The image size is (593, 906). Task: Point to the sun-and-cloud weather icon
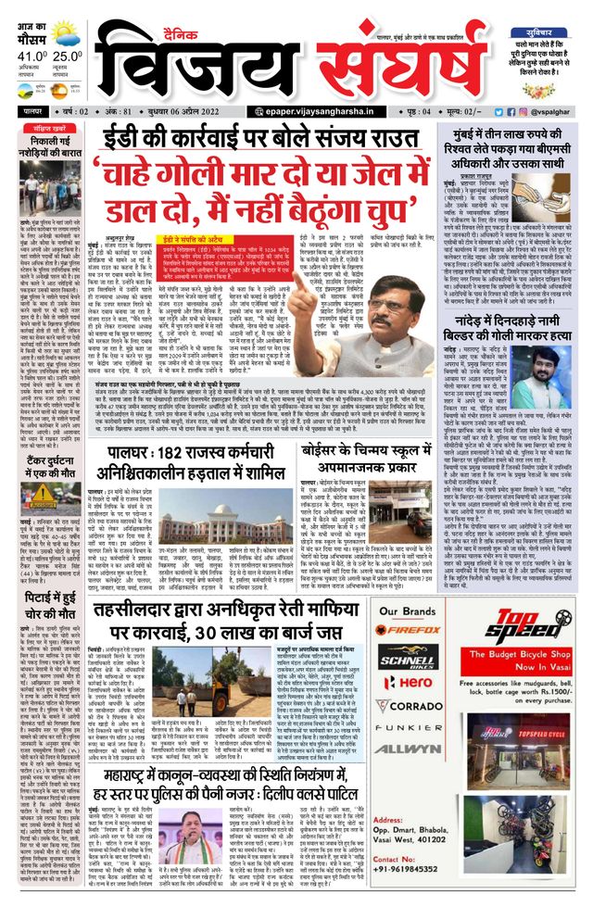click(65, 37)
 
